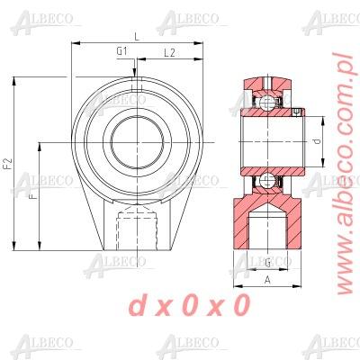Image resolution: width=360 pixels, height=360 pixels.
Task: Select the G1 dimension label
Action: click(x=121, y=52)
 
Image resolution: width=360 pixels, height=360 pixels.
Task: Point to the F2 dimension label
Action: click(x=8, y=163)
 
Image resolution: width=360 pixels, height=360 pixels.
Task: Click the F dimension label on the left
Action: click(x=33, y=195)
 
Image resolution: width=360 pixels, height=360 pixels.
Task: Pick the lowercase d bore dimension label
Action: click(x=316, y=141)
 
